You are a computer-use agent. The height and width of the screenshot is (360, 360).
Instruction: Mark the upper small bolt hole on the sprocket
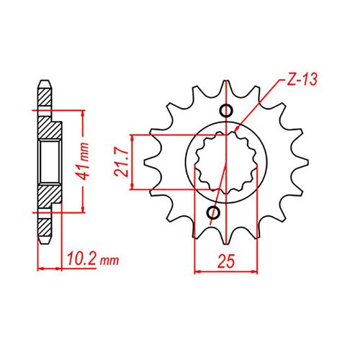click(x=226, y=110)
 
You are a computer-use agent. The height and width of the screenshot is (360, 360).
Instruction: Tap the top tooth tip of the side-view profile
click(x=45, y=80)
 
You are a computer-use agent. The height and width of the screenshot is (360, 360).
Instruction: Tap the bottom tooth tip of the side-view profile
click(x=45, y=243)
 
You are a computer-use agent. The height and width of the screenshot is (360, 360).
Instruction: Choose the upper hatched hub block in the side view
click(x=49, y=125)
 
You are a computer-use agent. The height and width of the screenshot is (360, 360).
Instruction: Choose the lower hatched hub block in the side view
click(x=49, y=197)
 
